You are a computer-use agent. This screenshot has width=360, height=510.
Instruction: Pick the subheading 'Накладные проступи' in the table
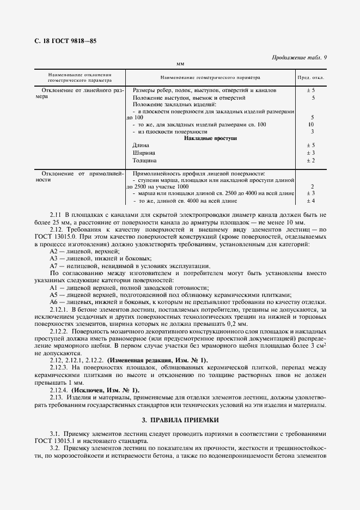[210, 138]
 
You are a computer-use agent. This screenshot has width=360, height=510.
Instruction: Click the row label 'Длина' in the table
[139, 145]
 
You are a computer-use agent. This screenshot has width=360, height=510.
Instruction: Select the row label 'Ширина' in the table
[142, 153]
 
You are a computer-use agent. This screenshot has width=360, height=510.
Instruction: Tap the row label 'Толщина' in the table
[144, 161]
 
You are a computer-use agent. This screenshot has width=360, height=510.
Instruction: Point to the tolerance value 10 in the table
[312, 125]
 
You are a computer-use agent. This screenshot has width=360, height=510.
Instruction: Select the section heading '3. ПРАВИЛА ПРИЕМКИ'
[180, 420]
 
